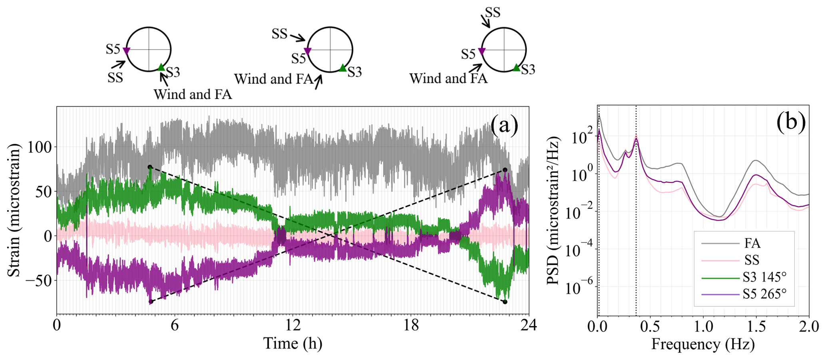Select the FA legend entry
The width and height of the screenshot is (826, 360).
tap(752, 243)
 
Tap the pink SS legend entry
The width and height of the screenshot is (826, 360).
tap(752, 260)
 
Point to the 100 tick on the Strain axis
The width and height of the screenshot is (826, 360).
tap(40, 147)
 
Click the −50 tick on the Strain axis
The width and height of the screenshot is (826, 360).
tap(38, 280)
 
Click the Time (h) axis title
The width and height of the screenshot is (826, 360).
tap(293, 344)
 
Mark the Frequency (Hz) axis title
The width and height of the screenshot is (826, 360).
tap(703, 344)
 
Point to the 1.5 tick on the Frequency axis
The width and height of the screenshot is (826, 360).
tap(756, 326)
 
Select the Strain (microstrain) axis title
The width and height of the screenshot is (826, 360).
tap(14, 210)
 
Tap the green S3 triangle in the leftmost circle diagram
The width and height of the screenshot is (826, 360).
tap(161, 67)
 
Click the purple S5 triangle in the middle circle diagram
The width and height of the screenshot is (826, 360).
tap(307, 51)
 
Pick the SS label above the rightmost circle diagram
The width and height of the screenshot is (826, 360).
tap(492, 13)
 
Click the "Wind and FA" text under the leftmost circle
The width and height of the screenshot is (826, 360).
tap(193, 94)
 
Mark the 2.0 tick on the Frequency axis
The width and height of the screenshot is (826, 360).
tap(809, 326)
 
